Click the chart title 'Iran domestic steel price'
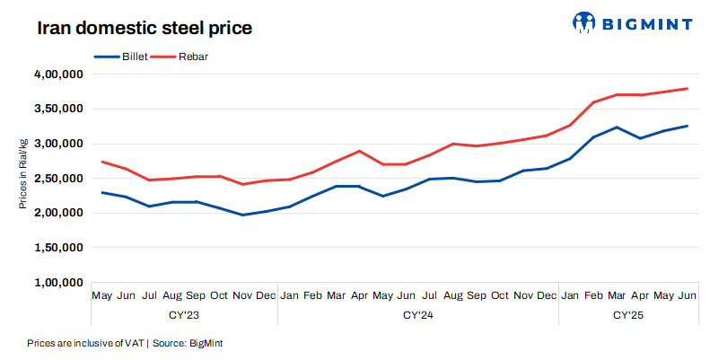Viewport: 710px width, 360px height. click(144, 28)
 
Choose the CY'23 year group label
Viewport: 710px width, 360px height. click(184, 315)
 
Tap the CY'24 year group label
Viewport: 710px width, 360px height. click(417, 315)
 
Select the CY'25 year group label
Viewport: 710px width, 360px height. click(628, 315)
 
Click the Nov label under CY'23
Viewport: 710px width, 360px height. click(242, 295)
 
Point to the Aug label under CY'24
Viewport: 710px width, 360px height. click(452, 295)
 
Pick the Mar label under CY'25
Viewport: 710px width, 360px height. click(616, 295)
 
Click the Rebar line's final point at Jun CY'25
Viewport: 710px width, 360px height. click(687, 89)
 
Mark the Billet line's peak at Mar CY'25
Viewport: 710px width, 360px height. click(616, 127)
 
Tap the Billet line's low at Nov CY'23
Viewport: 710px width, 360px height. click(242, 215)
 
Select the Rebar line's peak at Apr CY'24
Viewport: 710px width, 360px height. click(359, 151)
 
